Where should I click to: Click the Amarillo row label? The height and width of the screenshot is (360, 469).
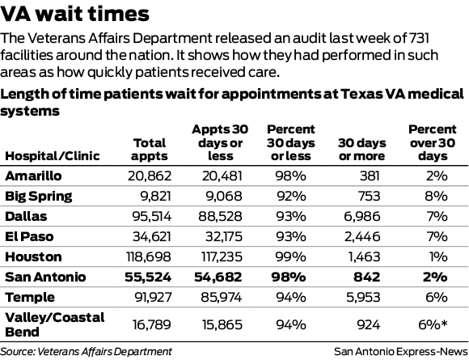pos(30,176)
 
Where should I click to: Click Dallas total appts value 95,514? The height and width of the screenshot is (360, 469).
pos(146,216)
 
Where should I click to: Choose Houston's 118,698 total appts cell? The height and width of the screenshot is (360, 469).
pos(142,256)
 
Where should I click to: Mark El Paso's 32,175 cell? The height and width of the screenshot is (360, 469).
pos(221,236)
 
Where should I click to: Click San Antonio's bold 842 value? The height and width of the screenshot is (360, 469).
pos(367,277)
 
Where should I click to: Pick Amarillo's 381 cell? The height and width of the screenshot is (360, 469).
pos(369,176)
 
